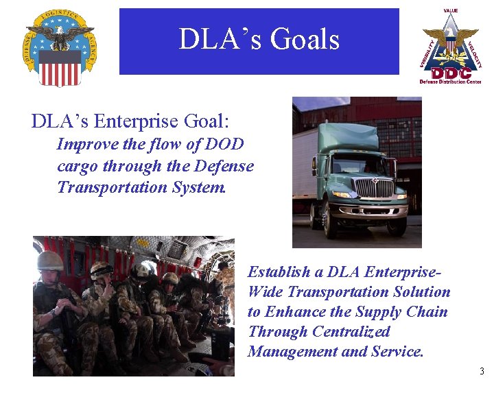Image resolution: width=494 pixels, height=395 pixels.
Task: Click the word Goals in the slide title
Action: point(305,40)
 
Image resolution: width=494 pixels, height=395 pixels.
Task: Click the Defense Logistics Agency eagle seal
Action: point(60,47)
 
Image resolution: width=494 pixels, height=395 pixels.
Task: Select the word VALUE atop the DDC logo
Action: point(451,11)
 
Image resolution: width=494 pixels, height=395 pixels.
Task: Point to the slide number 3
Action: point(482,372)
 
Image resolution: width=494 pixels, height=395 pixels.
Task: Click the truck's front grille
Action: point(374,187)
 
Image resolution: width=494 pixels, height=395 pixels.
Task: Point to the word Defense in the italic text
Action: point(224,166)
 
